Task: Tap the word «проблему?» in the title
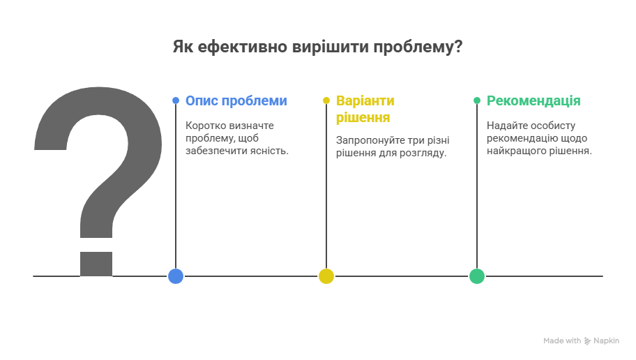418,47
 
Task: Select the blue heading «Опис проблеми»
236,100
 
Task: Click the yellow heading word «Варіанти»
365,100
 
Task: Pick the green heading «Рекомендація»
533,101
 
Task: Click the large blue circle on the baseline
176,276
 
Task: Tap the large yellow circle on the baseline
326,276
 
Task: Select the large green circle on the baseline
477,276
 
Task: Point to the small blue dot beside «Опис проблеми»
176,100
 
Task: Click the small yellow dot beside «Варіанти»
326,100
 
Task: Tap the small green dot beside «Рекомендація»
477,100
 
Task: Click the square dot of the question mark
96,264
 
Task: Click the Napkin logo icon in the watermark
587,341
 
